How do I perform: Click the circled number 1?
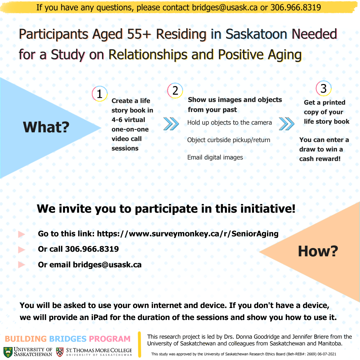coord(100,94)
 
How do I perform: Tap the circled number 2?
coord(175,90)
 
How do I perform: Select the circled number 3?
coord(323,88)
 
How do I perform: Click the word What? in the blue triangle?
coord(46,127)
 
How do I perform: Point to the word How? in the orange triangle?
coord(318,251)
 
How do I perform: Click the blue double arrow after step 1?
coord(171,124)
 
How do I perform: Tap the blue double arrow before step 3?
coord(287,124)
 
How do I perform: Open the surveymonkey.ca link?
coord(188,234)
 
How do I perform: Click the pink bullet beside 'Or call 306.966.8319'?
coord(21,250)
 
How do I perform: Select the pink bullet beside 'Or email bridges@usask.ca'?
coord(21,265)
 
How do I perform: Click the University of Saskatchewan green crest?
coord(8,352)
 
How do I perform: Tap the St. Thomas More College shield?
coord(60,352)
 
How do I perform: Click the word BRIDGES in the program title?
coord(68,339)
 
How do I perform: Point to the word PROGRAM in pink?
coord(110,339)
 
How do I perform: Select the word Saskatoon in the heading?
coord(256,34)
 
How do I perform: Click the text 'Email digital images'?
coord(215,157)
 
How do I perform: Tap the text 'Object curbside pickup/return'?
coord(229,140)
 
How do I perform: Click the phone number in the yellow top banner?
coord(296,8)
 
